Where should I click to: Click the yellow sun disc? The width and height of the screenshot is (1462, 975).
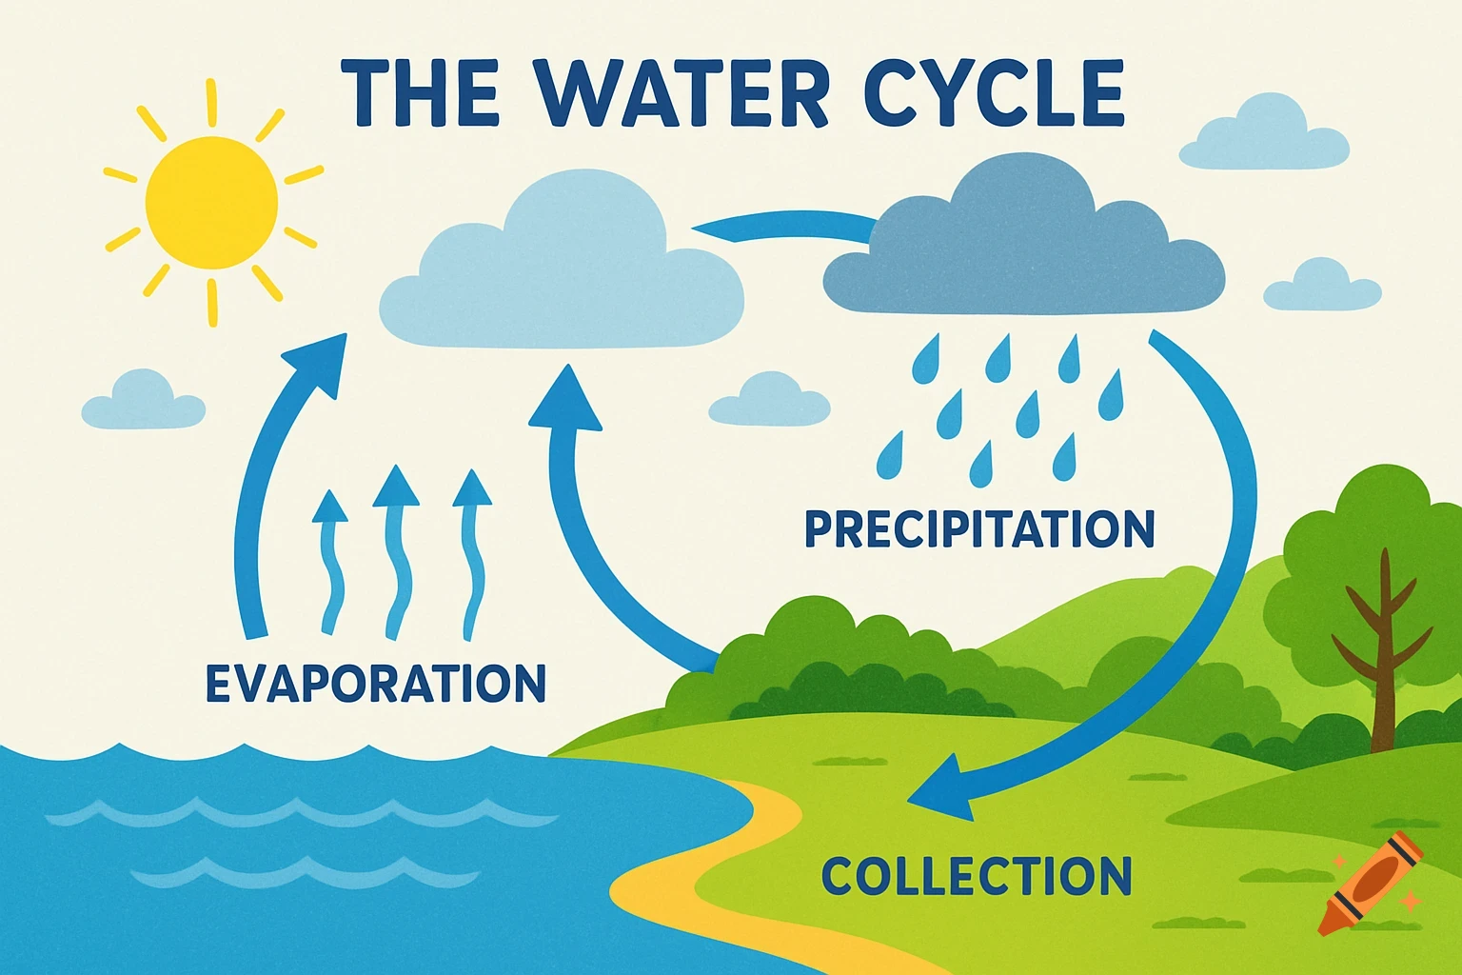pyautogui.click(x=211, y=201)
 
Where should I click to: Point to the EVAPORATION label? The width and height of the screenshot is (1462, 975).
pyautogui.click(x=376, y=683)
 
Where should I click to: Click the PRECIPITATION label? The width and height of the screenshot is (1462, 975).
pyautogui.click(x=979, y=528)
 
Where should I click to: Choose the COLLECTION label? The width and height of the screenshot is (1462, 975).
pyautogui.click(x=977, y=876)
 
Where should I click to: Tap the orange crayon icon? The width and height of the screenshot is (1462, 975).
pyautogui.click(x=1372, y=882)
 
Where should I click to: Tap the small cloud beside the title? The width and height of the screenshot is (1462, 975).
pyautogui.click(x=1264, y=138)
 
